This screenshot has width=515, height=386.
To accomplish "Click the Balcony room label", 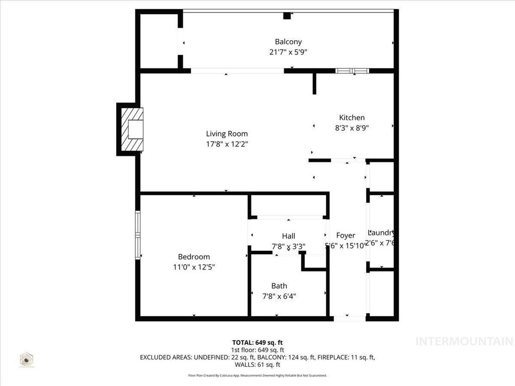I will [x=288, y=42].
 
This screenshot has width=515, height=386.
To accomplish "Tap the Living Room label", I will [x=227, y=134].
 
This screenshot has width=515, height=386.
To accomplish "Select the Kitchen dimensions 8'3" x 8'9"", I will [x=352, y=128].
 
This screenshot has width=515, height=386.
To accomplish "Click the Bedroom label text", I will [x=194, y=257].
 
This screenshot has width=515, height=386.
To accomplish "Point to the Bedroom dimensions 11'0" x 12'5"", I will [x=194, y=267].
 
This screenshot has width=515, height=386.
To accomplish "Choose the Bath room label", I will [x=279, y=286].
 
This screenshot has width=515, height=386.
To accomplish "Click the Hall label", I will [x=288, y=236].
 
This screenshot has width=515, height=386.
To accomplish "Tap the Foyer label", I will [x=346, y=235].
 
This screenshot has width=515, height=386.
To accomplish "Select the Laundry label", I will [x=381, y=233].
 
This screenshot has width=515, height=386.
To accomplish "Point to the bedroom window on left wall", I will [x=137, y=235].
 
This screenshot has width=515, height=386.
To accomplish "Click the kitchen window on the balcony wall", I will [x=353, y=71].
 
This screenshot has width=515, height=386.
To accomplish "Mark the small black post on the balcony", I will [x=287, y=16].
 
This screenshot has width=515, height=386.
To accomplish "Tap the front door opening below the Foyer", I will [x=350, y=318].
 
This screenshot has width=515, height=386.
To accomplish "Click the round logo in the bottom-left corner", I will [x=26, y=359].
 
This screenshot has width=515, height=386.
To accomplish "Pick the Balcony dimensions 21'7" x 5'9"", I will [x=288, y=52].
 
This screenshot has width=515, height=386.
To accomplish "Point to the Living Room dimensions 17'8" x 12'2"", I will [x=227, y=144].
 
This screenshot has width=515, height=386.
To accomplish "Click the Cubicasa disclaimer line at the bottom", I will [x=257, y=375].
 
